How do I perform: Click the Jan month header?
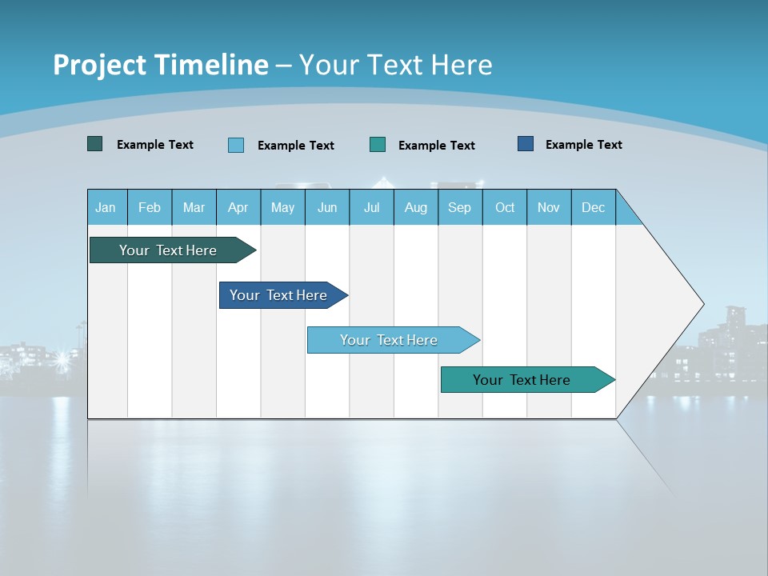106,207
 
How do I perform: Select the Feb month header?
150,207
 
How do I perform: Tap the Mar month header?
194,207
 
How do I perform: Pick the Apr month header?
238,207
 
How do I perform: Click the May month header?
282,207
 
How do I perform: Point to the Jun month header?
327,207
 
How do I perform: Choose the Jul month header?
371,207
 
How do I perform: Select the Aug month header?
416,207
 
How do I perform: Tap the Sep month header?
460,207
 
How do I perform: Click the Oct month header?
505,207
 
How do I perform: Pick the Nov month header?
549,207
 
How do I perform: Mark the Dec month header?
594,207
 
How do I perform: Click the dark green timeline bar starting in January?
169,250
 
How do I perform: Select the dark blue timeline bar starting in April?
279,295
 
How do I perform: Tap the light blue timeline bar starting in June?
390,340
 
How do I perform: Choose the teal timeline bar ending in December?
522,380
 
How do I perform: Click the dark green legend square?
95,144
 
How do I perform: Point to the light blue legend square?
236,145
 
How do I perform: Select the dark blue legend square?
526,144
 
